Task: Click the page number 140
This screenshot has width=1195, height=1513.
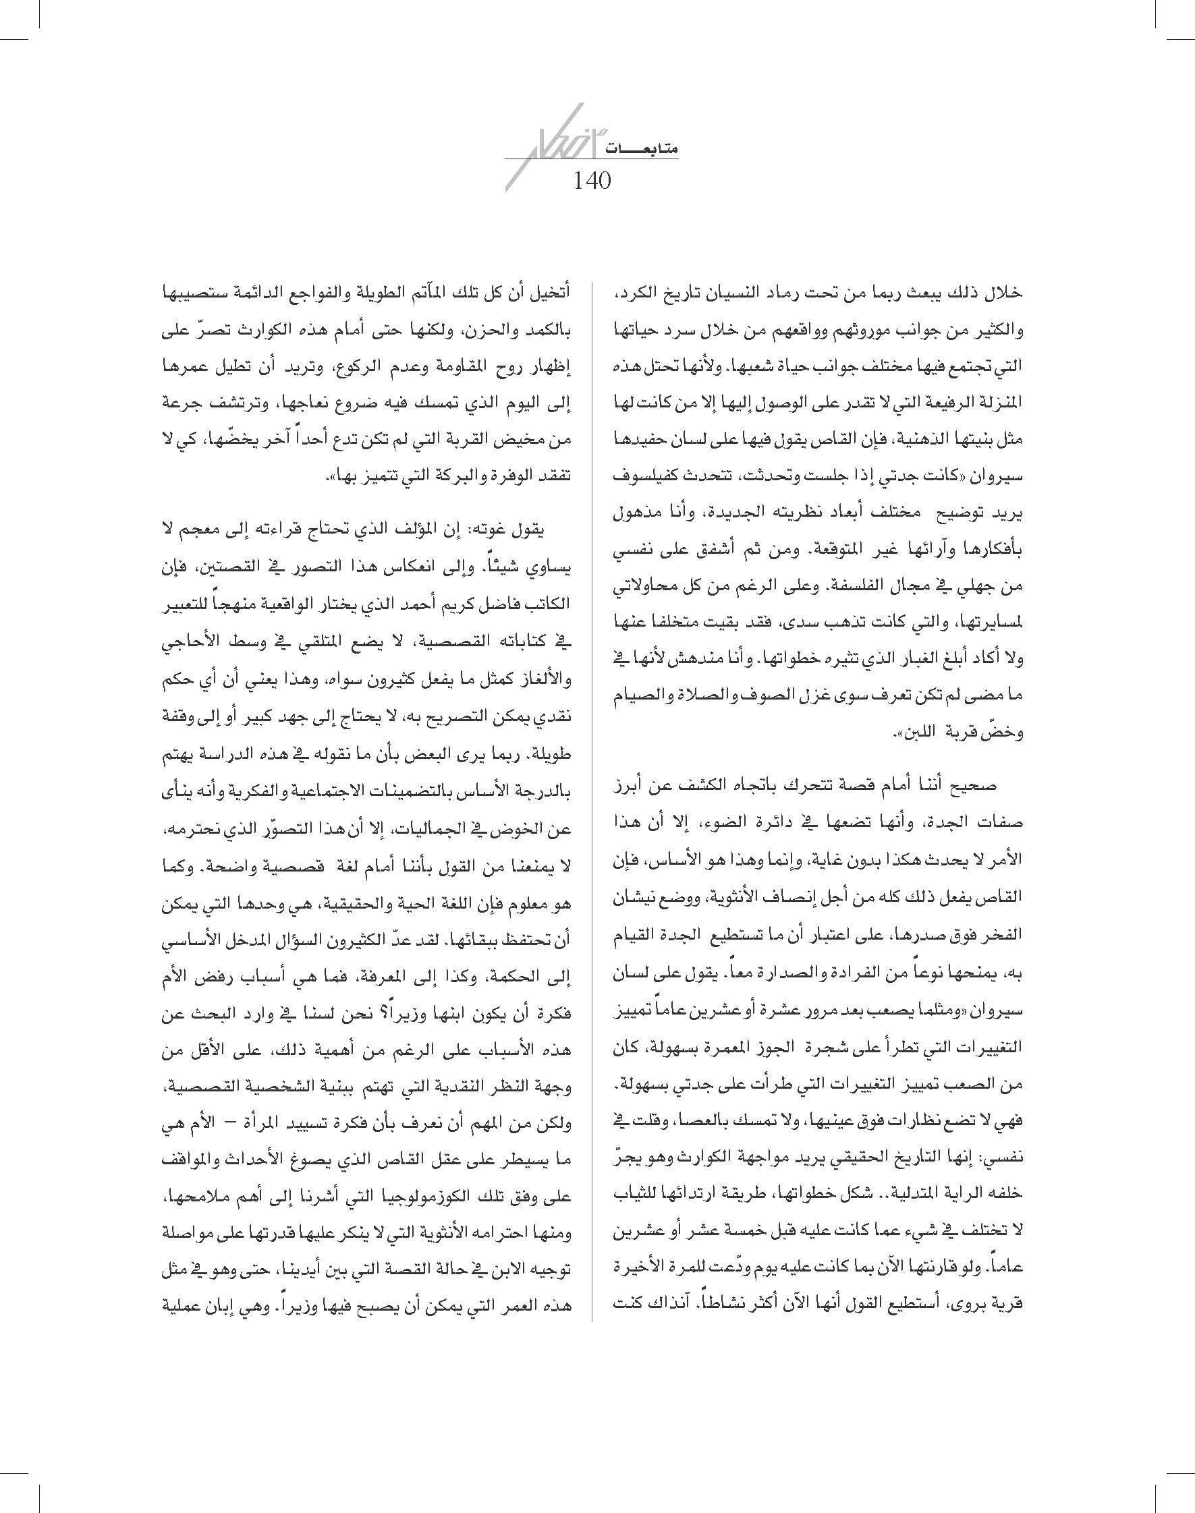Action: [592, 181]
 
